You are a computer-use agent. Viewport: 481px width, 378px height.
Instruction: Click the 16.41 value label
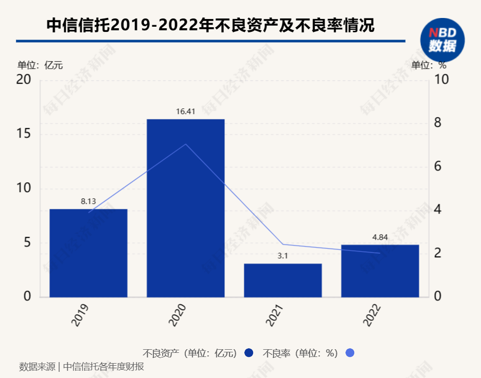coord(185,111)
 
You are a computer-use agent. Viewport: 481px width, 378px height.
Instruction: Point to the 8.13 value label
coord(88,201)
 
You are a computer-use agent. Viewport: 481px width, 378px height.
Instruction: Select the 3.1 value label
coord(283,256)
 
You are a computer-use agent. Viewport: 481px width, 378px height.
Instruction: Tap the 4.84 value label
coord(380,237)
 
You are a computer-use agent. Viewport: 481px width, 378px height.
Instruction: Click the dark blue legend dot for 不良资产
coord(249,353)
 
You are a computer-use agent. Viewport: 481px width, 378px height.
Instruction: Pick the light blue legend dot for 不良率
coord(350,353)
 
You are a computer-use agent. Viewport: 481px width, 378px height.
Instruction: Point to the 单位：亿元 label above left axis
coord(40,65)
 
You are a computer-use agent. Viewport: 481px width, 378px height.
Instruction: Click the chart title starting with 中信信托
coord(210,26)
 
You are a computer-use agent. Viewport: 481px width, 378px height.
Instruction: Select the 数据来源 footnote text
coord(82,367)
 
